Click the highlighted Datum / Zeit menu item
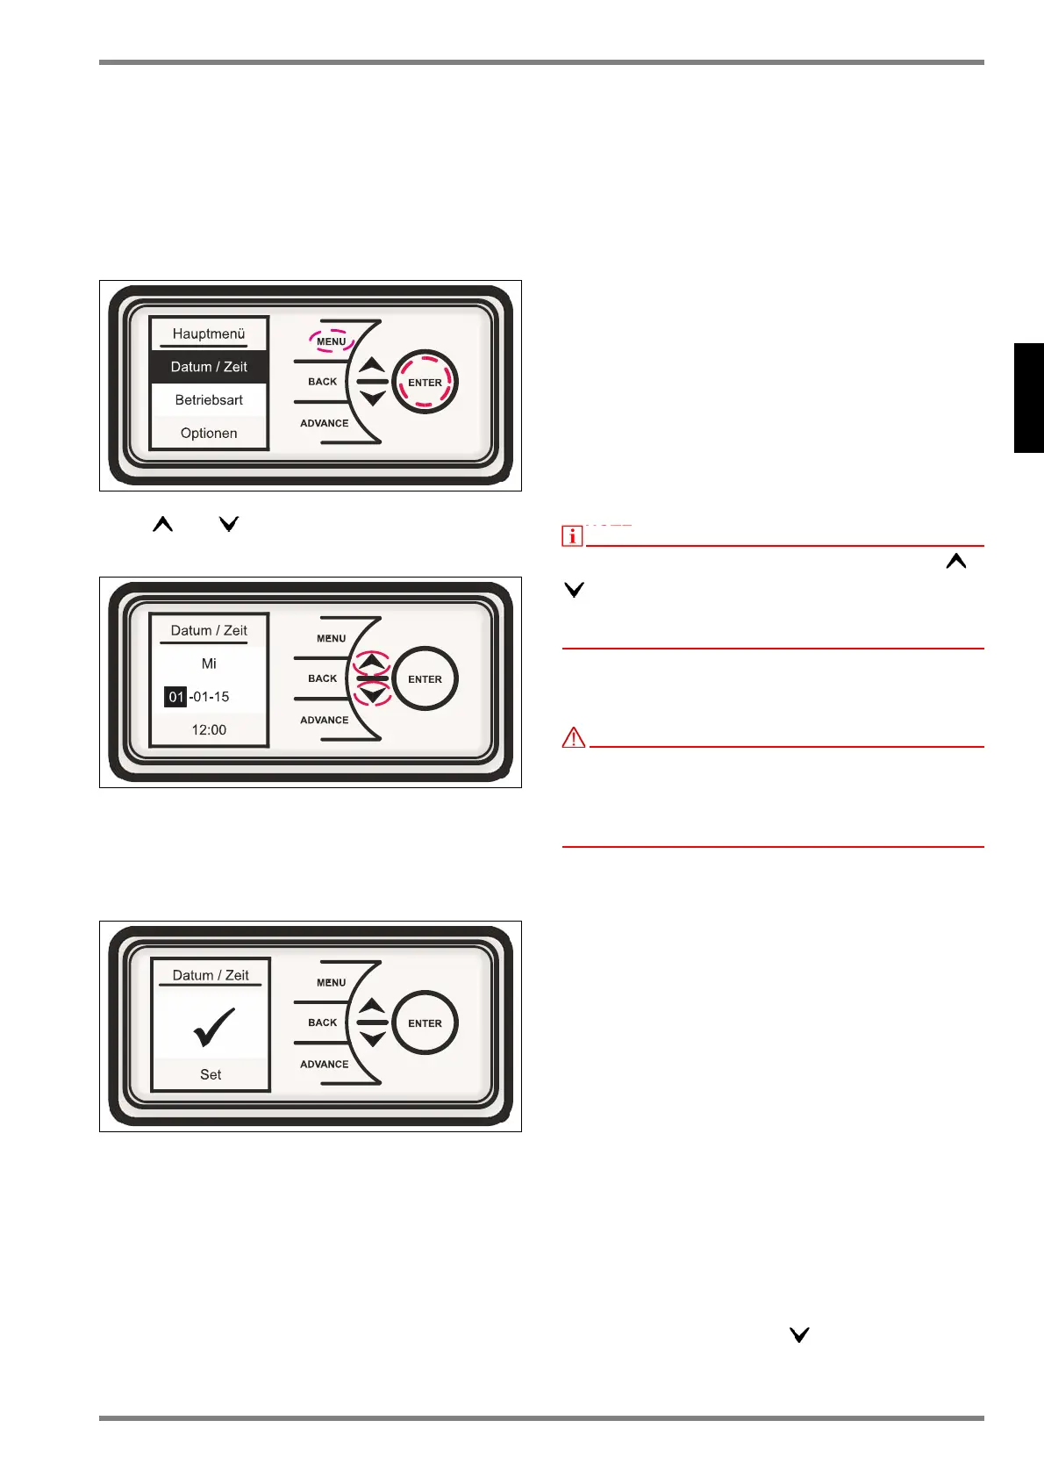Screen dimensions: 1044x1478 click(x=209, y=367)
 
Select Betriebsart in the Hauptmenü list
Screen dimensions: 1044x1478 click(x=209, y=400)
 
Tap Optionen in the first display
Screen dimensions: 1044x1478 click(x=209, y=433)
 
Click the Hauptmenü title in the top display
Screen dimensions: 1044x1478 click(x=209, y=334)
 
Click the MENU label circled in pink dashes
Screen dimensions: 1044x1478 click(x=331, y=341)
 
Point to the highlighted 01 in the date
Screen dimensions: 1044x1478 click(x=175, y=697)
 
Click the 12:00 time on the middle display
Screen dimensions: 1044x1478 click(x=209, y=729)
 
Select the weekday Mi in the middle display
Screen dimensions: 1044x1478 click(x=209, y=664)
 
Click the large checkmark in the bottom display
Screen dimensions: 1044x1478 click(x=213, y=1027)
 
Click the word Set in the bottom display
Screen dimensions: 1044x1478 click(x=211, y=1074)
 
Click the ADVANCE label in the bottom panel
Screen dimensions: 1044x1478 click(x=325, y=1064)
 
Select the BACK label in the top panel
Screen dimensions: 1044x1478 click(x=322, y=382)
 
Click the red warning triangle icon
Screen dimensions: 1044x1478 click(x=573, y=738)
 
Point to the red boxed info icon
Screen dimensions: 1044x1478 click(x=572, y=535)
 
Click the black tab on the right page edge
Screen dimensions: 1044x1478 click(x=1028, y=398)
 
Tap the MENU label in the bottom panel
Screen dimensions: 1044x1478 click(x=331, y=982)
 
